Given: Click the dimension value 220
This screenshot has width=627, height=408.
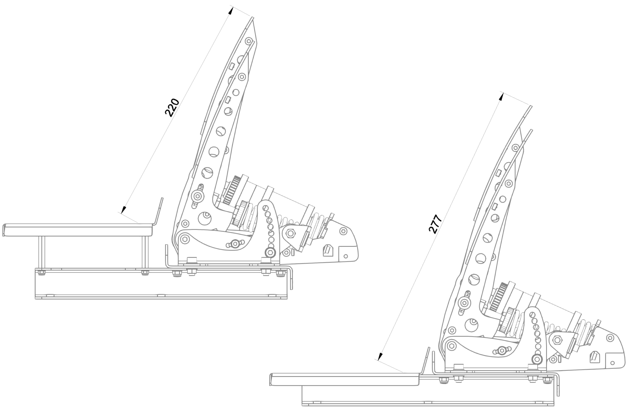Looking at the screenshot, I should click(x=172, y=107).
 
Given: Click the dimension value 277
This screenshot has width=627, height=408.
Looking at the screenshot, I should click(x=435, y=224).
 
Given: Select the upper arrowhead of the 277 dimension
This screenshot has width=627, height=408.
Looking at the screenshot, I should click(x=501, y=96).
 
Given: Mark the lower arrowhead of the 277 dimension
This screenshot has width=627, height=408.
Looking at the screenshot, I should click(x=380, y=356).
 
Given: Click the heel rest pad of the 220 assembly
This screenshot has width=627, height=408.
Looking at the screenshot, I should click(x=78, y=230).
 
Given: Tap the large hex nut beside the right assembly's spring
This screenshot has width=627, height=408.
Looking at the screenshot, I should click(x=557, y=339).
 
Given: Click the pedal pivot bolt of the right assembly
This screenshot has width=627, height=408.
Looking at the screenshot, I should click(x=451, y=345).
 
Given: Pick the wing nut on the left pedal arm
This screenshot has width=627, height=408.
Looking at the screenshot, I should click(x=197, y=196).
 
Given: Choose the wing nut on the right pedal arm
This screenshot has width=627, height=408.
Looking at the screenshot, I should click(x=464, y=303).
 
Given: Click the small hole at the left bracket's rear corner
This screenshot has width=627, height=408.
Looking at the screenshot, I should click(x=346, y=256).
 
